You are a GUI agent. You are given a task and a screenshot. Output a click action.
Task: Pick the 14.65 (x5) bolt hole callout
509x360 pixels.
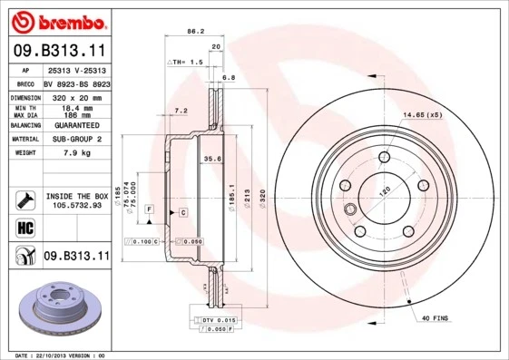coord(422,115)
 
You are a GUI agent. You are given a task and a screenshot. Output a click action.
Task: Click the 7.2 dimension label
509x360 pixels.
coord(180,111)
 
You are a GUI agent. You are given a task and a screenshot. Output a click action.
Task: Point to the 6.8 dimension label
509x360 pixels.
coord(229,79)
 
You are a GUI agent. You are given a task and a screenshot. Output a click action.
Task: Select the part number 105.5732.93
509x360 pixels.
coord(76,206)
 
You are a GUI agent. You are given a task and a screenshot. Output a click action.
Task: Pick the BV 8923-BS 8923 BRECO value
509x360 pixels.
coord(76,83)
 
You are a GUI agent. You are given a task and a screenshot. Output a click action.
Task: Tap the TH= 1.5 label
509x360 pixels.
coord(185,62)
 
